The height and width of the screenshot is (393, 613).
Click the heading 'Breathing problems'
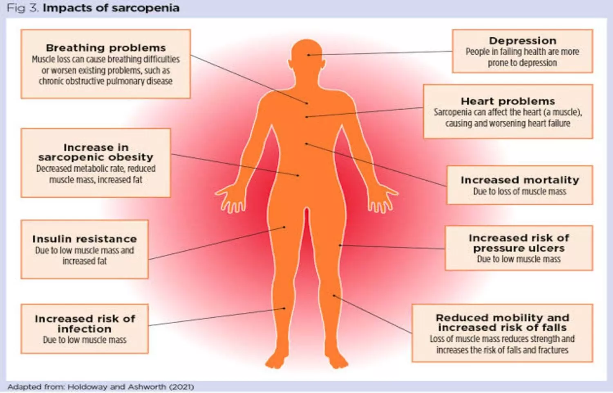[106, 48]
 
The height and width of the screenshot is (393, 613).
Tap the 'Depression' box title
[523, 41]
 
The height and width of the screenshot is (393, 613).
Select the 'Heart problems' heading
[508, 102]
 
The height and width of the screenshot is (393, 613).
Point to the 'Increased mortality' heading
[520, 180]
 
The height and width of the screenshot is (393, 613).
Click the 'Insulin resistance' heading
[85, 239]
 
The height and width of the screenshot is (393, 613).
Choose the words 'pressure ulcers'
[519, 248]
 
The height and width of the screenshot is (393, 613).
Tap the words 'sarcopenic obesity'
[96, 157]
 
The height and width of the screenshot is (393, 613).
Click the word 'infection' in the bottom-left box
[85, 329]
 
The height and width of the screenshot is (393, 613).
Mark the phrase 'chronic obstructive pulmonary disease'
[105, 81]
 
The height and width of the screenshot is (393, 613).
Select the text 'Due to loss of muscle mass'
[520, 191]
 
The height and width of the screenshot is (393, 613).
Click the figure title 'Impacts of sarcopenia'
[111, 8]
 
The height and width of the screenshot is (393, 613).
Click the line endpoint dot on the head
[309, 55]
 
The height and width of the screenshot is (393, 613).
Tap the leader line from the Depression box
[380, 53]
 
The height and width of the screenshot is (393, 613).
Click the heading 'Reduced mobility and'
[502, 318]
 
